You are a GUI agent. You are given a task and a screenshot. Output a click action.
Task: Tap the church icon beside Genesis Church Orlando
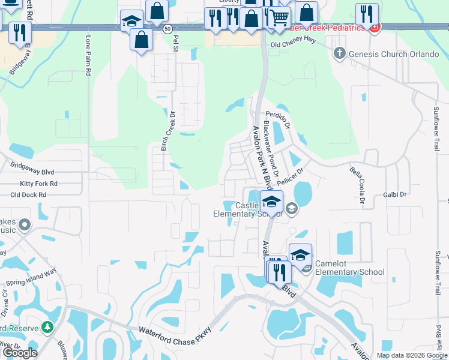point(339,53)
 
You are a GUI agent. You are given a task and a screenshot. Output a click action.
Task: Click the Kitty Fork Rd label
point(38,183)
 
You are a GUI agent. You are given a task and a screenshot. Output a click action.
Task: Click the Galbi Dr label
point(394,194)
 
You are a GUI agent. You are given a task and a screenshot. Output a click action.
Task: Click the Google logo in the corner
point(20,353)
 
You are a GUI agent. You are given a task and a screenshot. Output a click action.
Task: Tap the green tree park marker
point(47,328)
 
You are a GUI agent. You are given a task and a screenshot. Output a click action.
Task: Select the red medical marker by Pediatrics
point(375,28)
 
